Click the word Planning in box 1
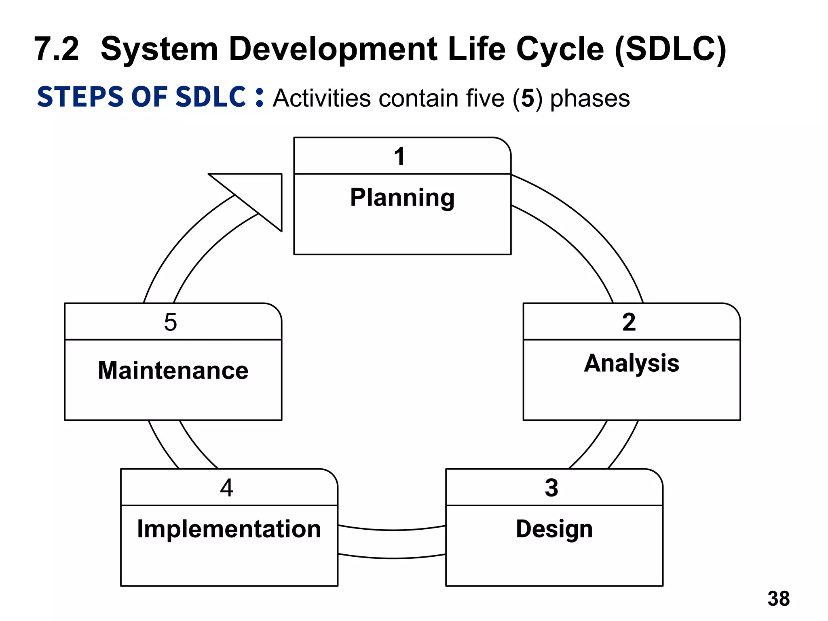(x=402, y=198)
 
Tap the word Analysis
(x=632, y=363)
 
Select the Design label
(x=554, y=528)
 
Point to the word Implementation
(x=229, y=528)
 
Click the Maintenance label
(x=173, y=370)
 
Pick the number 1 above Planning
(x=399, y=156)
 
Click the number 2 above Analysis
(x=629, y=322)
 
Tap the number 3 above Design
(x=551, y=488)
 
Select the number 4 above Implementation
(x=227, y=488)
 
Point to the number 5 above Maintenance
(x=171, y=322)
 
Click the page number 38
(x=778, y=598)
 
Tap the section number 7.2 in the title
(x=57, y=49)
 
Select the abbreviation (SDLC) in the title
(x=670, y=49)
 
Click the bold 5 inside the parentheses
(x=527, y=98)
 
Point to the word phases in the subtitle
(x=590, y=98)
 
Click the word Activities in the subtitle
(x=321, y=98)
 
